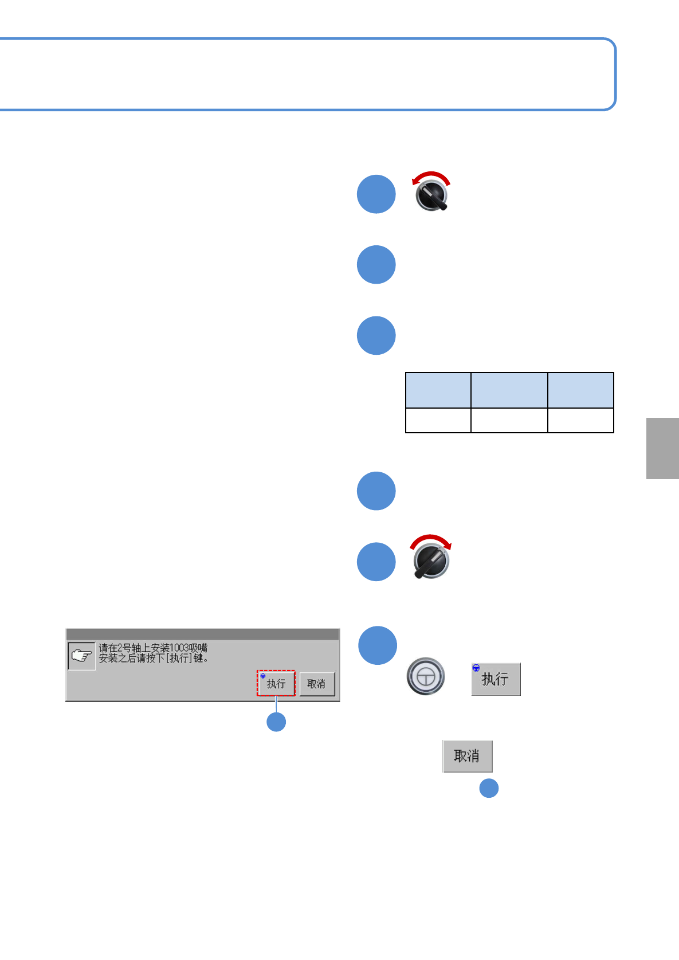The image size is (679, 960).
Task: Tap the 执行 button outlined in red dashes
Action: click(x=276, y=684)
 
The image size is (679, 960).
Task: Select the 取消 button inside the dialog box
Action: click(x=317, y=684)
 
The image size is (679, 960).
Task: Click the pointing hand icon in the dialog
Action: click(x=81, y=656)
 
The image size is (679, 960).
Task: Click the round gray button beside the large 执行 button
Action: click(x=426, y=677)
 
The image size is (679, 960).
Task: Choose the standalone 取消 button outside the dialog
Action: click(x=467, y=756)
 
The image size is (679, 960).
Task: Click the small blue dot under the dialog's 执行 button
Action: click(x=276, y=722)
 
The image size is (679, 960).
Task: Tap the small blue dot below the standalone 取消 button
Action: click(x=489, y=789)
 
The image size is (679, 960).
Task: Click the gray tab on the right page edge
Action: click(x=662, y=448)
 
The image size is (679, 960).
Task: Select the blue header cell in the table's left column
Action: click(x=438, y=390)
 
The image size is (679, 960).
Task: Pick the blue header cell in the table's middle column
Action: click(x=509, y=390)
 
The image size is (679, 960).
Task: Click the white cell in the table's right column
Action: click(x=580, y=420)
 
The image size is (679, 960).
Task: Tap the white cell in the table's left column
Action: click(x=438, y=420)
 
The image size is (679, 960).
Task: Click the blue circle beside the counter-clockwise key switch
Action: click(x=376, y=194)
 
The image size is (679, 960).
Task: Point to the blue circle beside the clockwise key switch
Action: click(x=376, y=562)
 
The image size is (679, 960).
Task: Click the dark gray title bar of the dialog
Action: click(x=202, y=634)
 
